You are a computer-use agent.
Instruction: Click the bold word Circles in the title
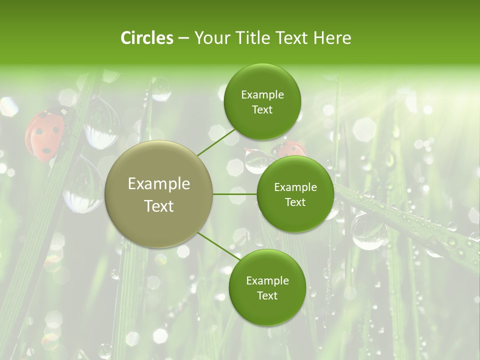click(147, 38)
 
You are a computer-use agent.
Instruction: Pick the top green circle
click(262, 102)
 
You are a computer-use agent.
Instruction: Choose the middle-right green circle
click(295, 194)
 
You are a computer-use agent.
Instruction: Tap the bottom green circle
click(267, 287)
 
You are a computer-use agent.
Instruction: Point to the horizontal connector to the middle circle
click(235, 194)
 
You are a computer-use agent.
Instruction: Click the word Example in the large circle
click(159, 184)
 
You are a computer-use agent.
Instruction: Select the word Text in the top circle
click(262, 110)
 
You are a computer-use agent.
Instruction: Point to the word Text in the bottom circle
click(267, 295)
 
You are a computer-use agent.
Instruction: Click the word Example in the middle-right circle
click(295, 187)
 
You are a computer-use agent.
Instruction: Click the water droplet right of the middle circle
click(368, 231)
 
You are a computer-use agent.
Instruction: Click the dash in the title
click(183, 38)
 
